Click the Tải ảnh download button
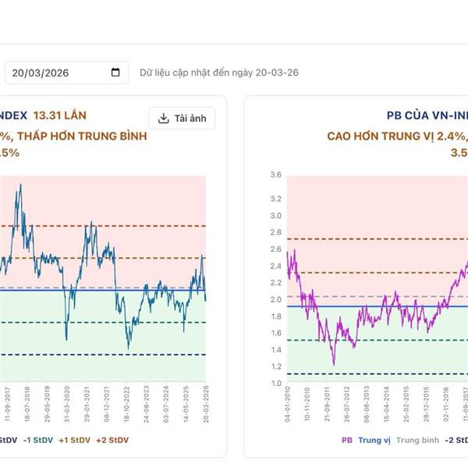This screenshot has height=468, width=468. tap(182, 119)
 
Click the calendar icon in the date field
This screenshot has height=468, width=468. tap(116, 73)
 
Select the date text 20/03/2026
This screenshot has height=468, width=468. tap(41, 73)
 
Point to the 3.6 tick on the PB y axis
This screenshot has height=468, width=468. tap(275, 175)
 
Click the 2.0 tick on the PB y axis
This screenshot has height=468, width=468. tap(275, 300)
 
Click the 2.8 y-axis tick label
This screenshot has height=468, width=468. tap(275, 232)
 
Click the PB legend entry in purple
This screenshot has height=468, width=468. tap(347, 441)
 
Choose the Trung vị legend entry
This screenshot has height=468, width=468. tap(374, 441)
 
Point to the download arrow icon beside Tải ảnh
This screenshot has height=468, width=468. tap(164, 119)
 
